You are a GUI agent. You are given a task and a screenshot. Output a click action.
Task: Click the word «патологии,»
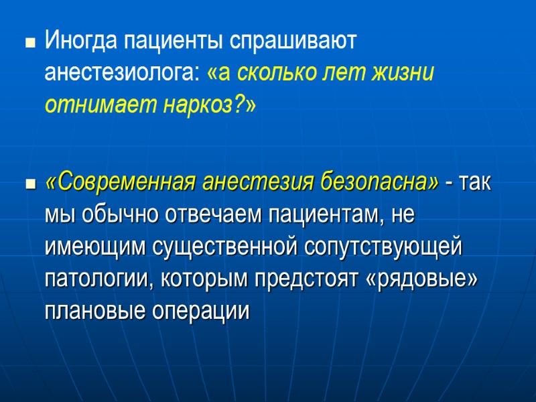96,279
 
